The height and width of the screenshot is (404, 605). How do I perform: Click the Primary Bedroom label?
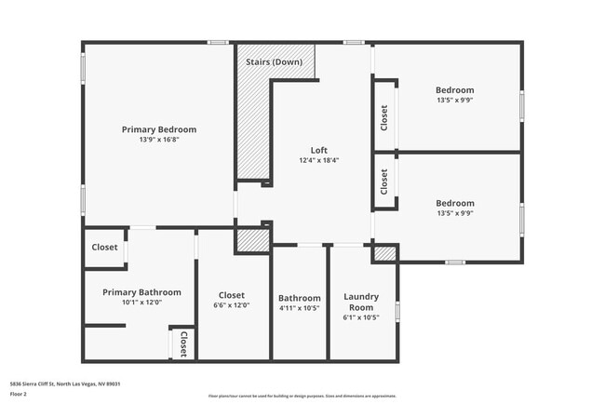pos(158,129)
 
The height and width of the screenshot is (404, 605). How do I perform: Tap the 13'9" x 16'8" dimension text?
pos(158,140)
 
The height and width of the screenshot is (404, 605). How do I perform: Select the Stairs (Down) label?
pos(273,62)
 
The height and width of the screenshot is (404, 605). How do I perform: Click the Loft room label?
pos(318,150)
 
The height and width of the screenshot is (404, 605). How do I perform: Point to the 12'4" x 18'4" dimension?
pos(318,160)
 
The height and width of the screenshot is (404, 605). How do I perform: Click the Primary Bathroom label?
pos(141,291)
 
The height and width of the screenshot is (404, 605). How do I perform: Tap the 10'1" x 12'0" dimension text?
pos(141,302)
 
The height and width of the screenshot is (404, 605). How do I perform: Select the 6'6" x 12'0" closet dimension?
pos(233,305)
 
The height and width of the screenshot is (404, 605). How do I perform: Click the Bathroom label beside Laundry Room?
pos(300,298)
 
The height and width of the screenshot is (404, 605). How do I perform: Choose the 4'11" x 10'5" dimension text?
pos(300,308)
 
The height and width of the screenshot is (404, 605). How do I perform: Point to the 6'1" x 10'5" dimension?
pos(361,317)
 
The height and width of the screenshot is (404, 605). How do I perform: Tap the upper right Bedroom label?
pos(454,90)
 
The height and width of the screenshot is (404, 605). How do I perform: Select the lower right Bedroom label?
pos(454,203)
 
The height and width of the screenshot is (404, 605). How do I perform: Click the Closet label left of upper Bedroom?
pos(384,116)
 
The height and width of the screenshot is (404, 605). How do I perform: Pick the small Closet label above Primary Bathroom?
pos(104,248)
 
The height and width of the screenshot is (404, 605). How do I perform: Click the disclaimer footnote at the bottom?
pos(302,395)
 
